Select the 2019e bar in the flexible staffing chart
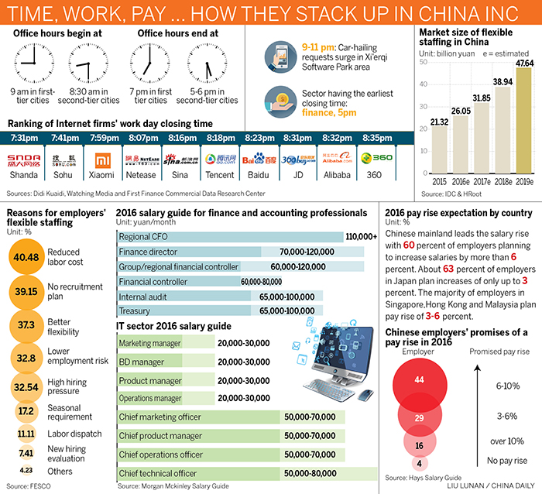pyautogui.click(x=524, y=120)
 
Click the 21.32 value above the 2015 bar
pyautogui.click(x=439, y=121)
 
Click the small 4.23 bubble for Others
pyautogui.click(x=26, y=470)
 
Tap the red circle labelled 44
pyautogui.click(x=419, y=379)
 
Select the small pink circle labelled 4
pyautogui.click(x=419, y=464)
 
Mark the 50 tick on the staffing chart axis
pyautogui.click(x=424, y=62)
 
